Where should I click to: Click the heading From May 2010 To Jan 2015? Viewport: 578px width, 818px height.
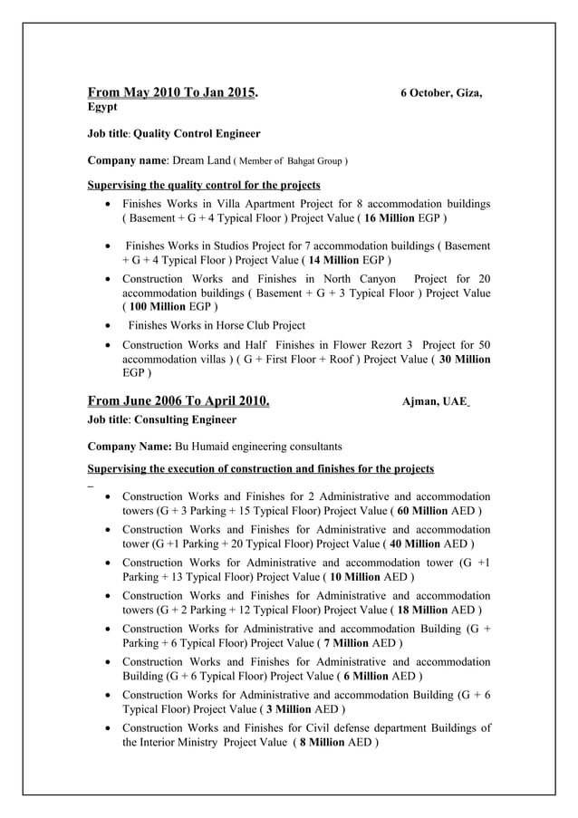click(172, 92)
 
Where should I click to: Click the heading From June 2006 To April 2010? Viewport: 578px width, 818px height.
click(178, 401)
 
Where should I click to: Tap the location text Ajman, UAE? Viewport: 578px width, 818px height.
click(434, 402)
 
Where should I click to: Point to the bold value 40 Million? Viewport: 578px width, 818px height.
click(420, 544)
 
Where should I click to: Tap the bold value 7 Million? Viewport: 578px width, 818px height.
click(343, 643)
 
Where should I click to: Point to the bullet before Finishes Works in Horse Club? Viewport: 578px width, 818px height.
click(110, 326)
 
